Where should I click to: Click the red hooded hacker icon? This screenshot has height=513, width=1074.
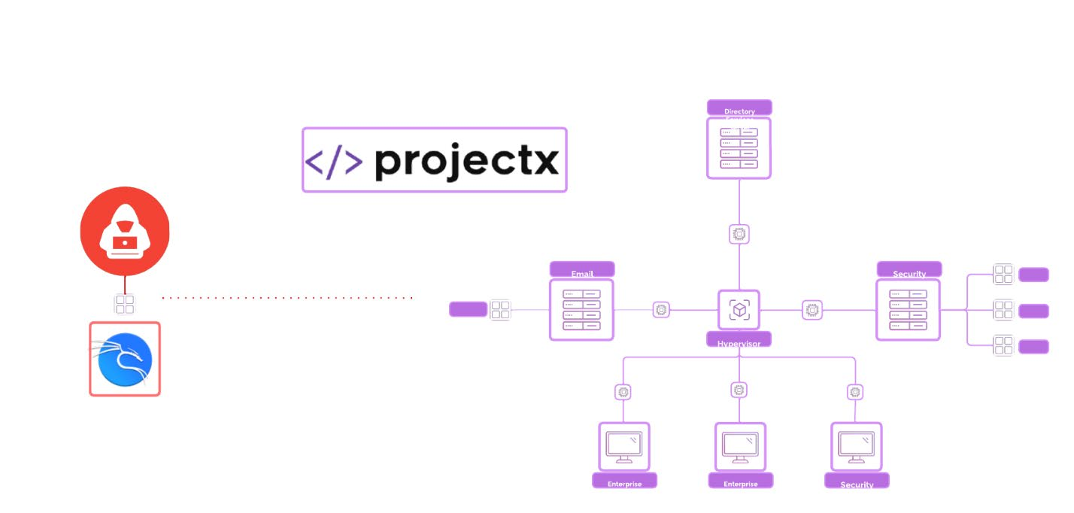(125, 232)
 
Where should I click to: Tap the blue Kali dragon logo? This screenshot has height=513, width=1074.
(125, 359)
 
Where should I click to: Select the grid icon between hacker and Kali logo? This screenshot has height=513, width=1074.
(125, 304)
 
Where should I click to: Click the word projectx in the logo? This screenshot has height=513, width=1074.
(466, 161)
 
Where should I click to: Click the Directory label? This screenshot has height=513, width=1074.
(739, 108)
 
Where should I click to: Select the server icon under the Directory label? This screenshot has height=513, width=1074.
(739, 148)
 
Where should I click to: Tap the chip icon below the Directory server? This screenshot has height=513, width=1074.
(739, 235)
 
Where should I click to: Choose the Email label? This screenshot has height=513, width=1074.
(582, 269)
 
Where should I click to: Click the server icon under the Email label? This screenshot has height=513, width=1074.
(582, 310)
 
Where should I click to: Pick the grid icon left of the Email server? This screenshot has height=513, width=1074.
(500, 310)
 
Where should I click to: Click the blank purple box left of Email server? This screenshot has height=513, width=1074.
(468, 309)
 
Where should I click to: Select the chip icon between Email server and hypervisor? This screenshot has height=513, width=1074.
(661, 309)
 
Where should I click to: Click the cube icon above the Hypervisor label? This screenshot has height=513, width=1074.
(739, 309)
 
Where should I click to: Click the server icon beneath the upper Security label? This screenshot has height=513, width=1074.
(909, 310)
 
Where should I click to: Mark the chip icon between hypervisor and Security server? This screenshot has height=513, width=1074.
(812, 309)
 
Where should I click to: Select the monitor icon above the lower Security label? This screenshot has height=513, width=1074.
(856, 447)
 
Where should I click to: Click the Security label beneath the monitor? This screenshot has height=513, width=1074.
(857, 481)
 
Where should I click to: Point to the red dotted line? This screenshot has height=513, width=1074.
(287, 298)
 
